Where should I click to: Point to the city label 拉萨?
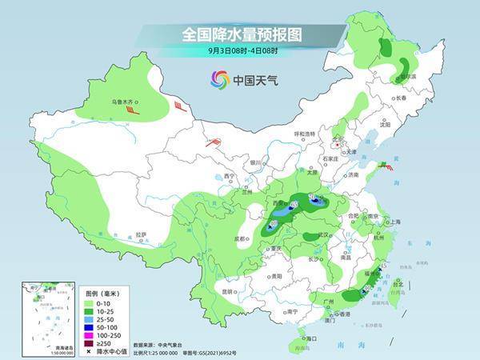[141, 234]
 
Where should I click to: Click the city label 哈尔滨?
[407, 76]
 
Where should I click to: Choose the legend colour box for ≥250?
[86, 343]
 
